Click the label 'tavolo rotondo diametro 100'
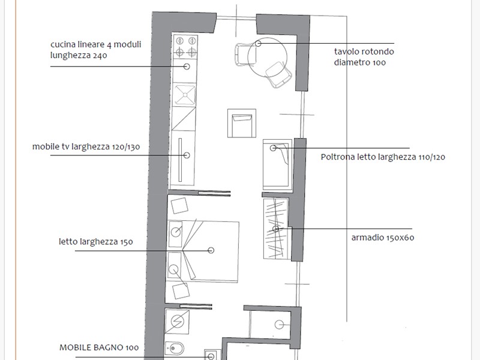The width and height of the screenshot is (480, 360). (364, 57)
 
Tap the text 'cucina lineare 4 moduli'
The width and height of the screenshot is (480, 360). (96, 44)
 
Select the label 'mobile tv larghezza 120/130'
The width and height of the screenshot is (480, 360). (86, 146)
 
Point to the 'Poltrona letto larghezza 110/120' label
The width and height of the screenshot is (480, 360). (383, 157)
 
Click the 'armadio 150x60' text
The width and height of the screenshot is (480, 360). (383, 238)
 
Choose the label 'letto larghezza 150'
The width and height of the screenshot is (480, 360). (96, 242)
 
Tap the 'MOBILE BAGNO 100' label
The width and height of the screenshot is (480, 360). (99, 347)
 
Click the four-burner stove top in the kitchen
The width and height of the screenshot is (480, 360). (185, 47)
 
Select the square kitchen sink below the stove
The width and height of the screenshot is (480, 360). (185, 95)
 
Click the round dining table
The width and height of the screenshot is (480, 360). (267, 57)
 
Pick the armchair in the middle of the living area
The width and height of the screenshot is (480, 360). (242, 123)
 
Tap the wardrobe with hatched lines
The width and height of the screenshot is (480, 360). (276, 229)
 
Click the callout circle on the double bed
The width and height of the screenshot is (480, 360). (211, 250)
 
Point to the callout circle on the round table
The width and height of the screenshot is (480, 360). (258, 43)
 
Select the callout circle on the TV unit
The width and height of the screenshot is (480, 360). (187, 155)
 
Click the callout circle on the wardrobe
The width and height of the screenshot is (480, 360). (275, 229)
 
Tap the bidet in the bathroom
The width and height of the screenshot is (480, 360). (175, 349)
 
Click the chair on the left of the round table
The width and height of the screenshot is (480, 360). (244, 55)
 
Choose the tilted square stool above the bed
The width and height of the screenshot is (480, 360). (179, 206)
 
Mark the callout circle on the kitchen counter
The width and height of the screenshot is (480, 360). (187, 67)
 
